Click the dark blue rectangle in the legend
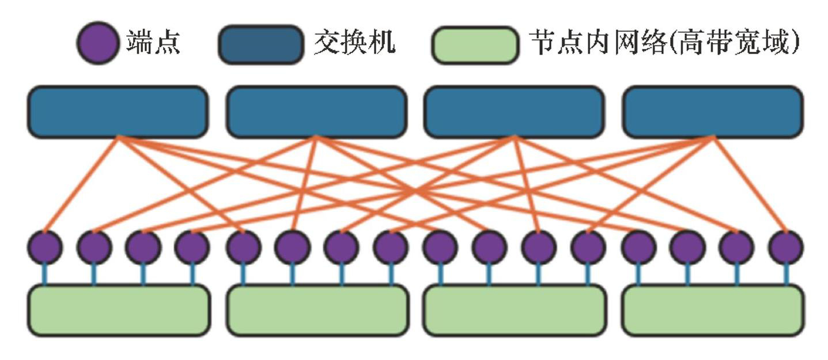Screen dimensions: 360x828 point(260,44)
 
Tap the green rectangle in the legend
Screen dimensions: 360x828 point(475,44)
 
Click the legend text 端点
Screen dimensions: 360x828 point(153,43)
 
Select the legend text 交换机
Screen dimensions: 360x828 point(354,43)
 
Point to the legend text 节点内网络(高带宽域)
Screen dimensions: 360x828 point(664,43)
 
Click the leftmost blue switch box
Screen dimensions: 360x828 point(118,112)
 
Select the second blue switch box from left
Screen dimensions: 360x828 point(316,112)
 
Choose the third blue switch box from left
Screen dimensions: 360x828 point(514,112)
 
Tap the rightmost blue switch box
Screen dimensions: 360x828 point(713,112)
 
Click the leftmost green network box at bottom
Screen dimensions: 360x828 point(119,310)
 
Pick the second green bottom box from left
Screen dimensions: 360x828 point(317,310)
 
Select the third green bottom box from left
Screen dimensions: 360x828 point(515,310)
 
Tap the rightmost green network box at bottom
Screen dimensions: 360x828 point(713,310)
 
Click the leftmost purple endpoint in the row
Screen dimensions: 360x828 point(44,248)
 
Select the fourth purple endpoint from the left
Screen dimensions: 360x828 point(192,248)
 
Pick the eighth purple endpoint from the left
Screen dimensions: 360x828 point(391,248)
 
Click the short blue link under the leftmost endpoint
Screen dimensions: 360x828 point(44,275)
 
